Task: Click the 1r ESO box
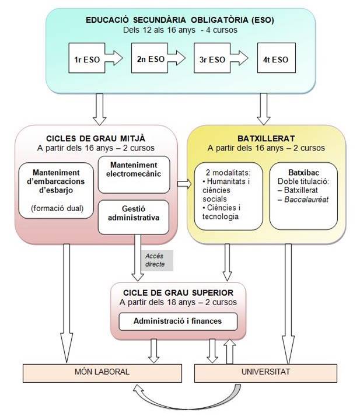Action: [x=85, y=58]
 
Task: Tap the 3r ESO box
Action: [x=211, y=58]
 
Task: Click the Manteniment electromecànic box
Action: [x=134, y=174]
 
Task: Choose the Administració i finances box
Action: [x=178, y=321]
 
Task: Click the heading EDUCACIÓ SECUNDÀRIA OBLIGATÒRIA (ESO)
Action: [x=180, y=20]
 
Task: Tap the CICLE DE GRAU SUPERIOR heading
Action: [x=178, y=292]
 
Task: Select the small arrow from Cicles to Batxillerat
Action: [x=183, y=184]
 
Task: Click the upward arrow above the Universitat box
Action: [x=230, y=352]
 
